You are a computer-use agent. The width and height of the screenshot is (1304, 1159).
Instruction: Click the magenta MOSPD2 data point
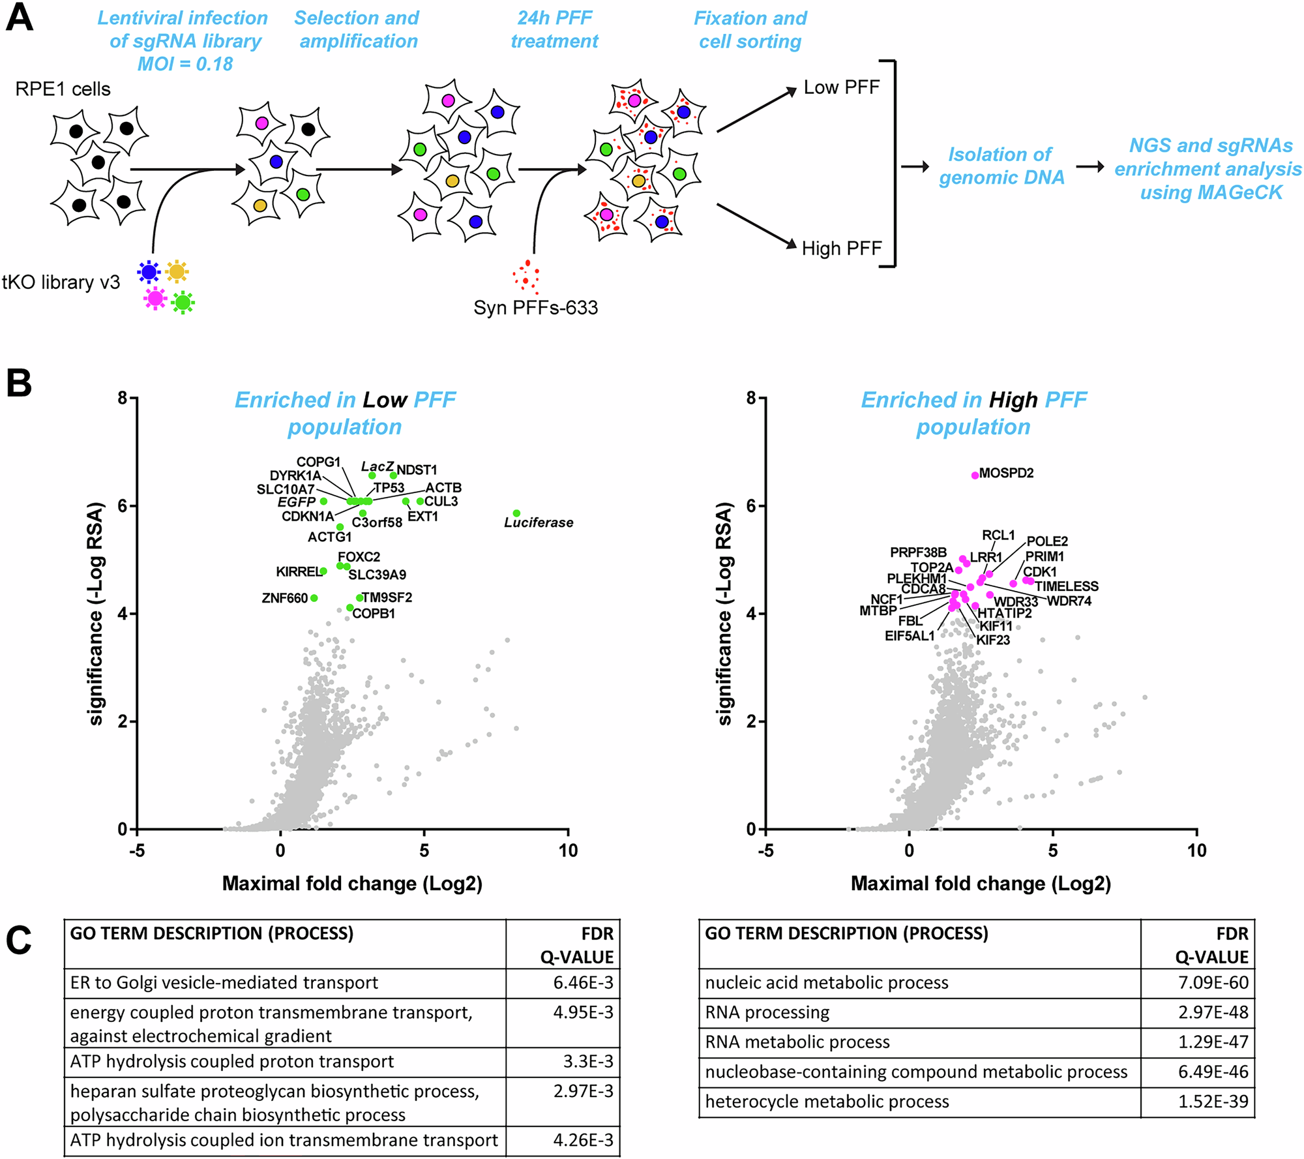[975, 475]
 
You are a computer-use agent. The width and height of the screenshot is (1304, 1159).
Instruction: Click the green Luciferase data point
[516, 513]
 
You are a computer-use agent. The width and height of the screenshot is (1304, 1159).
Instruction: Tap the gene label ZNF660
[284, 598]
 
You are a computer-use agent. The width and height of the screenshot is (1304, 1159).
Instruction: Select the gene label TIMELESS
[1067, 586]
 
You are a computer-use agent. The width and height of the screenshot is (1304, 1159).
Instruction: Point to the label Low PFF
[841, 87]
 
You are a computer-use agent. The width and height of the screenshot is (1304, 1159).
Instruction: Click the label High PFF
[841, 248]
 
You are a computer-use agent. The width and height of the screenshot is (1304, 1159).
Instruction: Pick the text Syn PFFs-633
[535, 308]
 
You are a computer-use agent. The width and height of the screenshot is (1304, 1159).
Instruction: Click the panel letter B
[19, 383]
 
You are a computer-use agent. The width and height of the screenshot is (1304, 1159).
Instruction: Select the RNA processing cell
[767, 1012]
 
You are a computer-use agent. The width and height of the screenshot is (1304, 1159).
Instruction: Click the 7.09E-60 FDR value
[1213, 983]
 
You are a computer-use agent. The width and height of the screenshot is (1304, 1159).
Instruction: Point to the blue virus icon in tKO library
[149, 271]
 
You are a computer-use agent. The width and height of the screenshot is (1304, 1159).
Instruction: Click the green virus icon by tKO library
[183, 302]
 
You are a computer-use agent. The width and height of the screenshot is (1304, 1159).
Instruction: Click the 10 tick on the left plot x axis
[568, 850]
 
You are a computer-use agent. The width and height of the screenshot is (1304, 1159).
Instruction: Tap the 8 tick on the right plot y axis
[751, 397]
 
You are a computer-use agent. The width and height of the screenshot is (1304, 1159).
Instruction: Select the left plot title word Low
[385, 400]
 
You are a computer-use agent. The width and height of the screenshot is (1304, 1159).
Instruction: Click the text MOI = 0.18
[185, 64]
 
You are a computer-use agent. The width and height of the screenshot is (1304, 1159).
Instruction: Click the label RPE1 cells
[63, 89]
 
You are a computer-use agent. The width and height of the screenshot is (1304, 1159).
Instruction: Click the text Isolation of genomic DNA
[1001, 166]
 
